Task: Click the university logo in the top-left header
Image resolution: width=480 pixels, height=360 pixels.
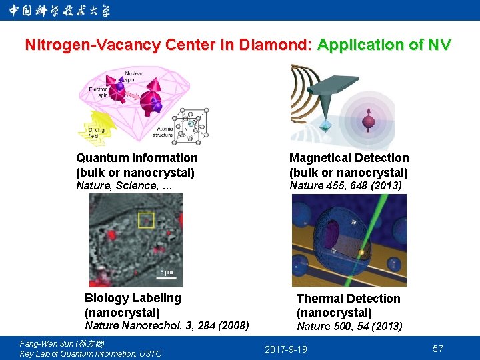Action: [60, 10]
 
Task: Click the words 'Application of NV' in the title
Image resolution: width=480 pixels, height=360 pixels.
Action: [385, 45]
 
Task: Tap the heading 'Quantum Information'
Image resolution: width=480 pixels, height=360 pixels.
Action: [137, 158]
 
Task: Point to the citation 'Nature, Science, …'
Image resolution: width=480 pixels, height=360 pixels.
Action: [124, 186]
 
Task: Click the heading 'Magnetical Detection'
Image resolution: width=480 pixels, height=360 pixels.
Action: [349, 158]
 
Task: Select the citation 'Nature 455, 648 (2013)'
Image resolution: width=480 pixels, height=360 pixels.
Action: [345, 186]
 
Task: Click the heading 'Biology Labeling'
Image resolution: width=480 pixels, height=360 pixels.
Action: [133, 298]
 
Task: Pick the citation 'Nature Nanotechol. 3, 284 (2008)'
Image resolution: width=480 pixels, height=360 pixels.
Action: [167, 326]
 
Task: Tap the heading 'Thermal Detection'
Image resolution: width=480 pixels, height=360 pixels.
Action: [348, 299]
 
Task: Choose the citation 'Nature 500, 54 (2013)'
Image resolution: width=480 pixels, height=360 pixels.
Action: [349, 327]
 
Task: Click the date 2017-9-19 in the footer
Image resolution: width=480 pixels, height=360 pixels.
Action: [286, 349]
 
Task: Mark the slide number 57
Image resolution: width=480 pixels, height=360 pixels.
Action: [438, 349]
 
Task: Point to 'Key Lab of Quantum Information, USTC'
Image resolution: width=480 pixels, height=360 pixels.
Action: [91, 353]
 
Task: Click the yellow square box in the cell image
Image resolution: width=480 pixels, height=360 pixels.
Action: [146, 220]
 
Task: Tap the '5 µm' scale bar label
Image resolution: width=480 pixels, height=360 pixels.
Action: [166, 272]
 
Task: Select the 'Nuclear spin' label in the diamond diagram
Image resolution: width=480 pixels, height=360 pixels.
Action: [134, 75]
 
